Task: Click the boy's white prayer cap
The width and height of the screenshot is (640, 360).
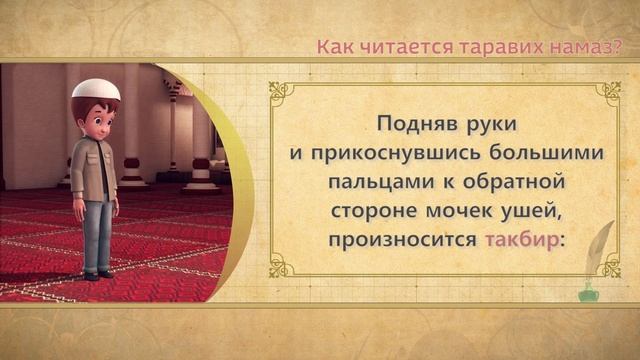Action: coord(96,89)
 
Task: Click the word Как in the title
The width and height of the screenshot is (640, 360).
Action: coord(334,46)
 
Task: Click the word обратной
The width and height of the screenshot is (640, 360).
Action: coord(517,183)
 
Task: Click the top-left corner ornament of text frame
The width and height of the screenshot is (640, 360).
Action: coord(281,92)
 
